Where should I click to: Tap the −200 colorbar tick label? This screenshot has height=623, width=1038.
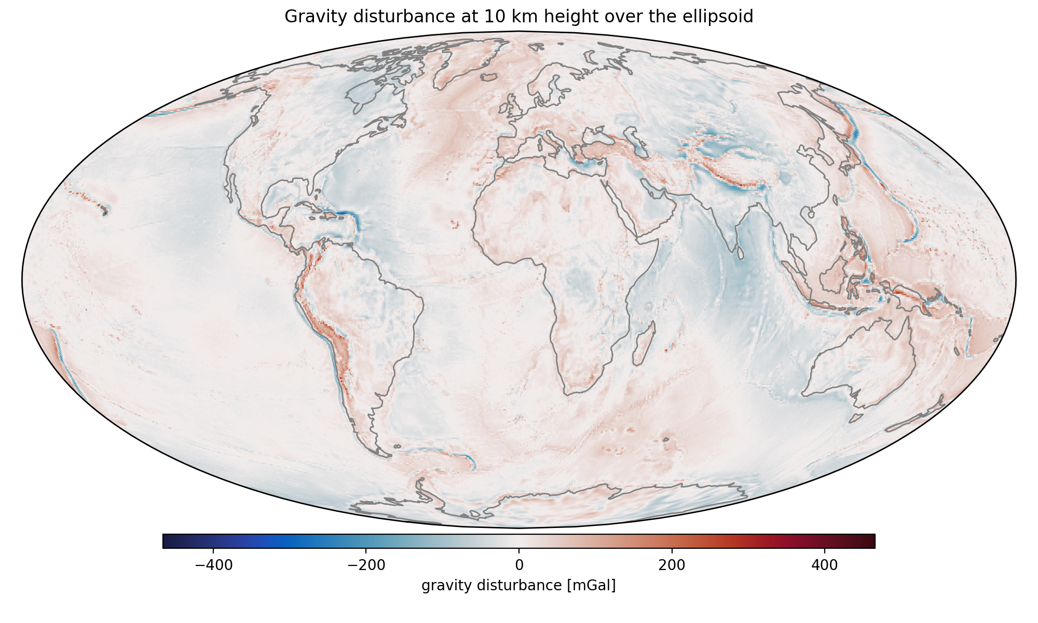pos(365,565)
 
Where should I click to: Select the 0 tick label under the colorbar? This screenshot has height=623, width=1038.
pos(519,565)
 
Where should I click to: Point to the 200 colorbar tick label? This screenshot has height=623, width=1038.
pos(672,565)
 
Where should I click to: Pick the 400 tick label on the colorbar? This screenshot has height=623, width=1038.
pos(824,565)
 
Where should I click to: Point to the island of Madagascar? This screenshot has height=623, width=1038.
pos(644,343)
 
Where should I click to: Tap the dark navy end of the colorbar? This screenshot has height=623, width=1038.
pos(168,541)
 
